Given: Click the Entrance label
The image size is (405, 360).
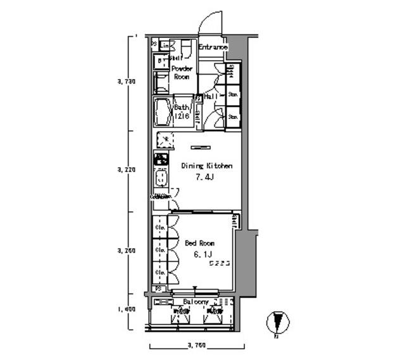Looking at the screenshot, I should tap(213, 47).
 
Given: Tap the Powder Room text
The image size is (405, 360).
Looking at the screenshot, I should tap(182, 72).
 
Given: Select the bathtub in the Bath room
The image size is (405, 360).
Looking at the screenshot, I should tap(163, 112).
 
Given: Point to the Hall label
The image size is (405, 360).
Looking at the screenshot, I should tap(211, 96).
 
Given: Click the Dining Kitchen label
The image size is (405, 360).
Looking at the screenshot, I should tap(207, 166).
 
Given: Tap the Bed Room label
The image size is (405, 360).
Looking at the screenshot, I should tap(199, 243).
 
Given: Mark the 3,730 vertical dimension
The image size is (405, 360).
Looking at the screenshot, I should tap(127, 82).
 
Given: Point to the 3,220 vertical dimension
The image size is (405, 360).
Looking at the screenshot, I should tap(127, 170).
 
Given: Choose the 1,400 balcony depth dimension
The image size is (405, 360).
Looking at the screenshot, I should tap(127, 309).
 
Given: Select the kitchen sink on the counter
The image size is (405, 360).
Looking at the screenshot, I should tap(161, 178).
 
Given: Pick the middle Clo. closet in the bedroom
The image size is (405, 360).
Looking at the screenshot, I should tap(161, 249).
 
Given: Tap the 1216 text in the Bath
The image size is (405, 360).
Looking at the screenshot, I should tap(182, 116).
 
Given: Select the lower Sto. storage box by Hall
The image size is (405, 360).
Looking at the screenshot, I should tap(233, 116).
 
